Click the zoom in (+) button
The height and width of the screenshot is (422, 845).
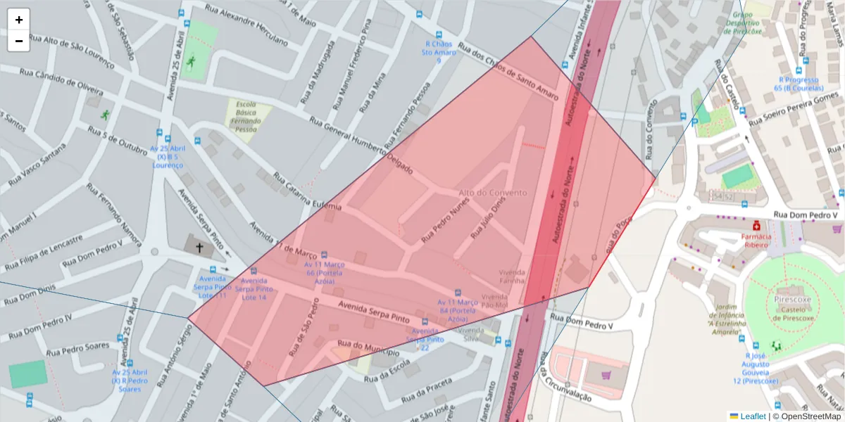18,20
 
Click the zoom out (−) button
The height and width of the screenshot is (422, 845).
18,41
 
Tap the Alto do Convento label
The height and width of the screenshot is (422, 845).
492,193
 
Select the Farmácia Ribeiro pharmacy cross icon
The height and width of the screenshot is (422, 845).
756,226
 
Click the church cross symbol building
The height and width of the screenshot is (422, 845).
199,248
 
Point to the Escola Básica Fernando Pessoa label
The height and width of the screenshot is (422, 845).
246,116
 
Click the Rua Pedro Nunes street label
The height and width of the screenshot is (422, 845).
445,221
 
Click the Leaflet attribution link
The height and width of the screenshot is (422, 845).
752,416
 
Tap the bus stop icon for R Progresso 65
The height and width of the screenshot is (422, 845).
799,70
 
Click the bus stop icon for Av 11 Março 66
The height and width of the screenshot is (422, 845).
324,255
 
